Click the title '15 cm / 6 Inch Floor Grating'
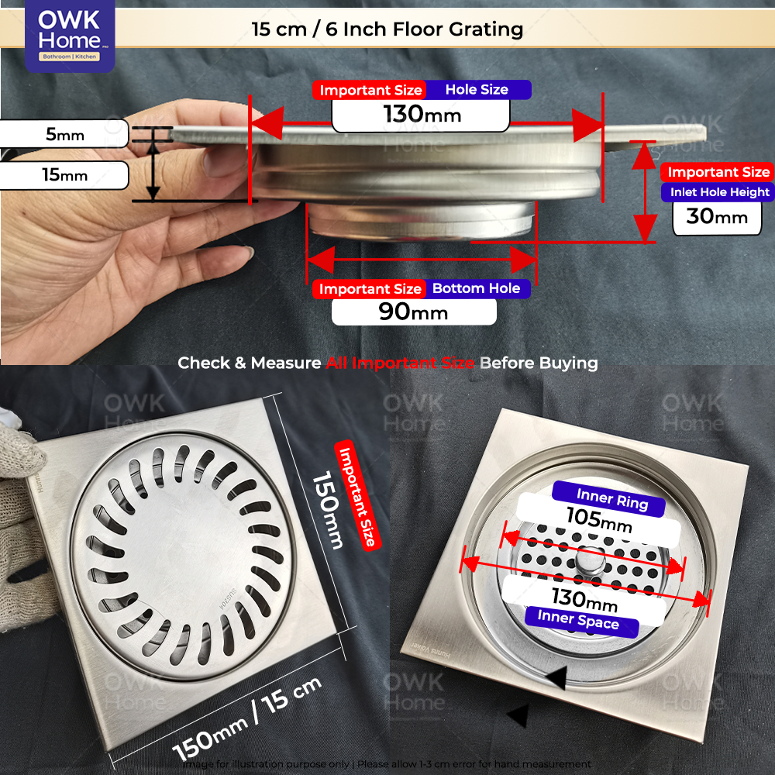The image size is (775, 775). pos(387,30)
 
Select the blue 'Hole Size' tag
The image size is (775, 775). pos(477,90)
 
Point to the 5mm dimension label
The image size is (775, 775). pos(65,134)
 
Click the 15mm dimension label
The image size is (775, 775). pos(65,175)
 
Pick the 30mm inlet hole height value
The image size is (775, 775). pos(717,216)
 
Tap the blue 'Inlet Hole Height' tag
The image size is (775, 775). pos(715,192)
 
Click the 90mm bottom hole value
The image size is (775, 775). pos(413,312)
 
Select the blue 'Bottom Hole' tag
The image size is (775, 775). pos(476,288)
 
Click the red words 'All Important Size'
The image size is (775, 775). pos(399,363)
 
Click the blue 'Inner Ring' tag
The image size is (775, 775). pos(611,499)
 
